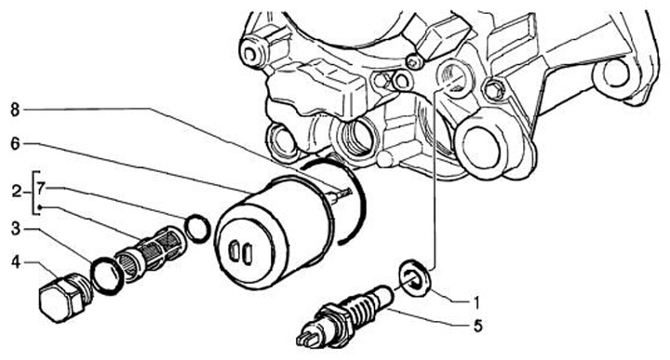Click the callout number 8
15,110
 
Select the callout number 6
15,144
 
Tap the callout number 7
41,188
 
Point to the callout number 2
16,192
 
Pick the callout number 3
16,229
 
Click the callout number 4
16,261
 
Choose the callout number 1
476,302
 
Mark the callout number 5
477,327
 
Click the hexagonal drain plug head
60,299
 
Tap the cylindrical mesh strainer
150,250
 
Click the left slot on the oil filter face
234,250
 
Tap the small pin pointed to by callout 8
341,193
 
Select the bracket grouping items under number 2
34,193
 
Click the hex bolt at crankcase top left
250,52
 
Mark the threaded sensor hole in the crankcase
455,78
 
